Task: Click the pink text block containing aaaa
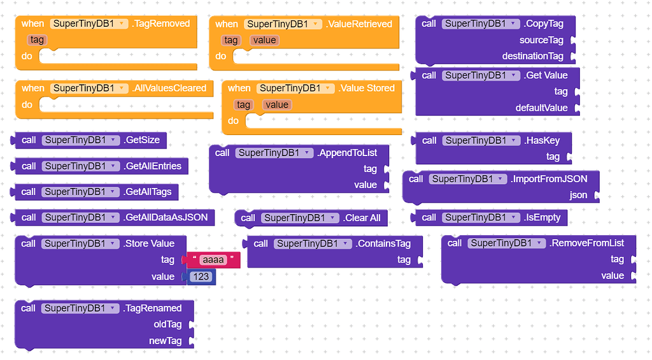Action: pos(213,260)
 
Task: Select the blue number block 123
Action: pos(201,277)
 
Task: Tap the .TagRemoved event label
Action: pos(161,24)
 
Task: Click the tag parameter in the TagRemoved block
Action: pos(38,40)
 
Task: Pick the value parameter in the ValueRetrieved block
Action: pos(264,40)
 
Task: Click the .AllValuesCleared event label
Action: pos(169,88)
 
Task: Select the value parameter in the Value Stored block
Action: pos(276,104)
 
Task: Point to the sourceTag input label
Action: pos(541,40)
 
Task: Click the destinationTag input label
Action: pos(532,56)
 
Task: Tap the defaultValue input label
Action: pos(541,108)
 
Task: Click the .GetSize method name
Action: pos(141,140)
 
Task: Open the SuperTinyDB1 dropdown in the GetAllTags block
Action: pos(80,192)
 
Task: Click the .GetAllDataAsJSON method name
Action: pos(166,217)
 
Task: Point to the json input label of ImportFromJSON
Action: pos(578,195)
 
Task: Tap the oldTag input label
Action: pos(167,324)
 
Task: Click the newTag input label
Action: pos(165,341)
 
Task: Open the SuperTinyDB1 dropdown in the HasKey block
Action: pos(480,140)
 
